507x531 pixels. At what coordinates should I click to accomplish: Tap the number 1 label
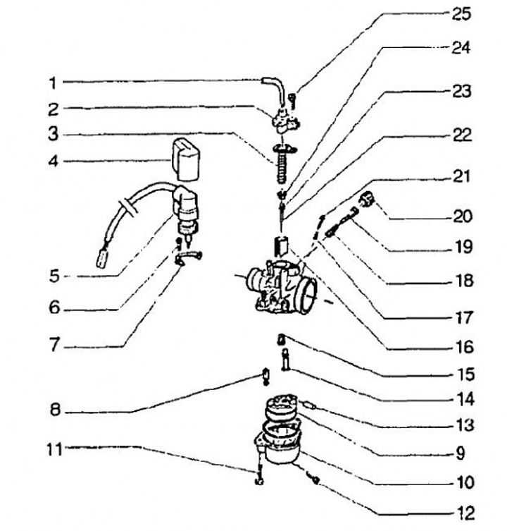(x=53, y=83)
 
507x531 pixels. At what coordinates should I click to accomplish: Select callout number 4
(x=53, y=161)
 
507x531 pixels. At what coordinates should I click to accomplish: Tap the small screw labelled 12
(x=315, y=480)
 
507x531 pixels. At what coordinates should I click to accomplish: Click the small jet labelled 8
(x=265, y=377)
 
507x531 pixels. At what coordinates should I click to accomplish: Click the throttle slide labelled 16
(x=281, y=248)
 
